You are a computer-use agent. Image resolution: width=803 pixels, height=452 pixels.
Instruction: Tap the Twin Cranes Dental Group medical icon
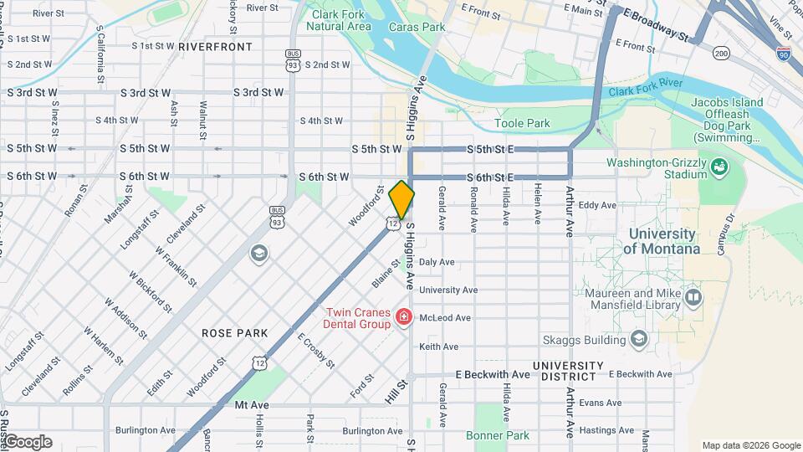404,317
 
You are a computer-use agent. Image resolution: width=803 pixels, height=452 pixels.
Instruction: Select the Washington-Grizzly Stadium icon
718,168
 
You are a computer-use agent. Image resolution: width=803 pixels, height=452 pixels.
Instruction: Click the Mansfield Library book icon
693,297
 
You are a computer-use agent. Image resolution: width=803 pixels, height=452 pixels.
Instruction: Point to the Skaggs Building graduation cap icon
639,338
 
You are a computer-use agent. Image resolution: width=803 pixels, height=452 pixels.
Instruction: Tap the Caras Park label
417,27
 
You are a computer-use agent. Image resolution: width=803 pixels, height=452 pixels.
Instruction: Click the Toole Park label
522,123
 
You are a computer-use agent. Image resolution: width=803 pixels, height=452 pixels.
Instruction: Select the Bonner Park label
498,435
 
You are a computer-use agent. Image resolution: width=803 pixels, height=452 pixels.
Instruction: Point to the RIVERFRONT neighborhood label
215,47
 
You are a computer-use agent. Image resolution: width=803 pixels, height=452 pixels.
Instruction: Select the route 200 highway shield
721,54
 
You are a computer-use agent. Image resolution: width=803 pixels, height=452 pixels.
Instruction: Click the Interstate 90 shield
783,54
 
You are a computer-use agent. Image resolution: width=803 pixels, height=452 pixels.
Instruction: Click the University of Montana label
662,241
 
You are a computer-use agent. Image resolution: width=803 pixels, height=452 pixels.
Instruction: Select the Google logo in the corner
27,442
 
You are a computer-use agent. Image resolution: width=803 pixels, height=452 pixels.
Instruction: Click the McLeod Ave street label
445,318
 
